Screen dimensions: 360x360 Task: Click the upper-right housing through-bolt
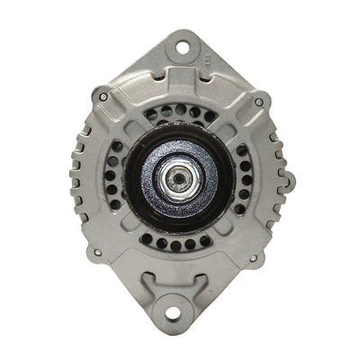[x=259, y=103]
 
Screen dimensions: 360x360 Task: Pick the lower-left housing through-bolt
[x=102, y=256]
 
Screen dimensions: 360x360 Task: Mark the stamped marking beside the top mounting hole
[x=206, y=63]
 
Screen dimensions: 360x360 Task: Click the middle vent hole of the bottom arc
[x=176, y=245]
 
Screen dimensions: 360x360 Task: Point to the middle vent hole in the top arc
[x=180, y=109]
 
